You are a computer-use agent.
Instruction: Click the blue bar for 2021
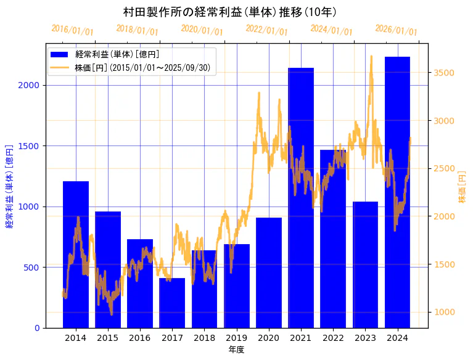tap(301, 197)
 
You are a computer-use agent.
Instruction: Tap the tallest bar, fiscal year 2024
tap(397, 192)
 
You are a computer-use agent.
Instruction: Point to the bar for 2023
tap(365, 264)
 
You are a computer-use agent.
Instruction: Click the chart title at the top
tap(229, 12)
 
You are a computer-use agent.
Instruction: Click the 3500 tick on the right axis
tap(444, 73)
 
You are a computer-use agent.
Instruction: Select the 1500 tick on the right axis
tap(444, 264)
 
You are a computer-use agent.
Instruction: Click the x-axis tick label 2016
tap(140, 338)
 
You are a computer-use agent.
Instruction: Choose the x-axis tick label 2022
tap(333, 338)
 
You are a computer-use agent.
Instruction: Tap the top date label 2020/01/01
tap(202, 30)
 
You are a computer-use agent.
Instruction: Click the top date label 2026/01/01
tap(396, 30)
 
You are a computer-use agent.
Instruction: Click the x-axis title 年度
tap(236, 350)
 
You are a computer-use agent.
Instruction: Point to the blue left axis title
tap(9, 186)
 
